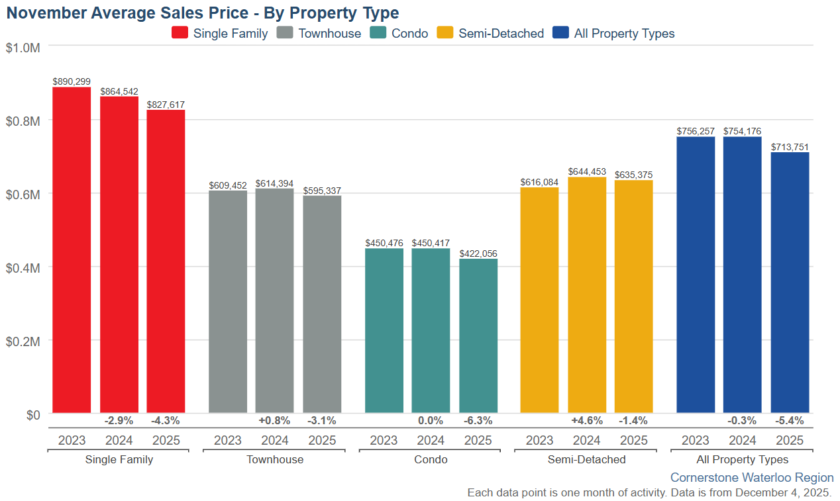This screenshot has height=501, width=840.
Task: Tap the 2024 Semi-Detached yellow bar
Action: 587,295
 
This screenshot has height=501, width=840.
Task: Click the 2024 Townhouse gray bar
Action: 274,300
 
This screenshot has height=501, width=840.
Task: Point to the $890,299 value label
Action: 72,81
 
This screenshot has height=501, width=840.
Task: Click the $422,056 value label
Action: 478,253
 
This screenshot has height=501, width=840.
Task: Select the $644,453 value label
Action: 587,171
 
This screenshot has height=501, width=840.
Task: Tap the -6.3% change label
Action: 478,420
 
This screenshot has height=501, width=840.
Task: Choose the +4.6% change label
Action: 587,420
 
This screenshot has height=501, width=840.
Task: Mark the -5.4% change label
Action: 790,420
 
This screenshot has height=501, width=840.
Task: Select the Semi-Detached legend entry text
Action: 501,33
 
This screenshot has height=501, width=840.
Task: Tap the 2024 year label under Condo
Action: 431,440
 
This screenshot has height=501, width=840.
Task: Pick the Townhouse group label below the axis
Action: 275,459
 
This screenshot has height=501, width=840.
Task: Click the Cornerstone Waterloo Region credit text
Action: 752,477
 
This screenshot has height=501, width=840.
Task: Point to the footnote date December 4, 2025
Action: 782,492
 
